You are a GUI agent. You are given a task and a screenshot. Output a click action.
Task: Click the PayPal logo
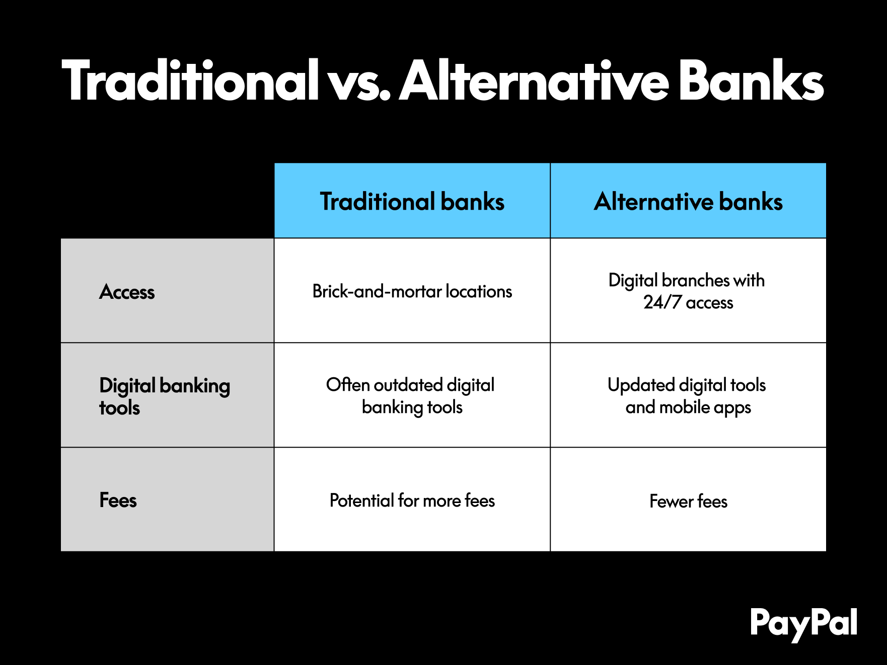(803, 624)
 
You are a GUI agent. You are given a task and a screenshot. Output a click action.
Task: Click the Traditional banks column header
(412, 201)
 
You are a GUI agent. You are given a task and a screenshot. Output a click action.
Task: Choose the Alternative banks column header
(688, 201)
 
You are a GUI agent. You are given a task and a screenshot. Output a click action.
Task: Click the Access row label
(127, 292)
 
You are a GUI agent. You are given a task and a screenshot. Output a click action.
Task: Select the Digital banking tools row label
(165, 396)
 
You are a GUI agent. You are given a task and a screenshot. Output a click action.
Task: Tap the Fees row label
(118, 501)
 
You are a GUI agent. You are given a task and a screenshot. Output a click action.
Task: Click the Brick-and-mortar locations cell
(412, 291)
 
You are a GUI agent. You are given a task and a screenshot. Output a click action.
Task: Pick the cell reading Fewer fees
(688, 501)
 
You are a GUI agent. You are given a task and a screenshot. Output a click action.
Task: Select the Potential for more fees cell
(412, 501)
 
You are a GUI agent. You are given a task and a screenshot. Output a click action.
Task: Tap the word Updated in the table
(641, 385)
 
